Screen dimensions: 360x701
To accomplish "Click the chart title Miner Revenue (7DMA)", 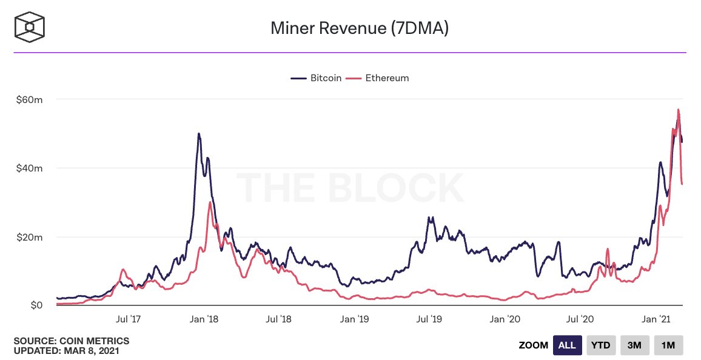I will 359,28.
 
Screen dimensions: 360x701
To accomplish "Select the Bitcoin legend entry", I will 317,78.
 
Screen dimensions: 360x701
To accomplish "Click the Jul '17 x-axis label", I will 128,318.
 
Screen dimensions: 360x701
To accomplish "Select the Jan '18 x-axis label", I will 204,318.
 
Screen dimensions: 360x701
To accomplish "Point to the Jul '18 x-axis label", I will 279,318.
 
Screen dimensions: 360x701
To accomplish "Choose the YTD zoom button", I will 600,345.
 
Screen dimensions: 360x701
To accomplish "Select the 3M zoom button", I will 634,345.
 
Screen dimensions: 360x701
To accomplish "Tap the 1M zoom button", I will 668,345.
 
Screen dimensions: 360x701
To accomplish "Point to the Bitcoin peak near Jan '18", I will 198,133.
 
